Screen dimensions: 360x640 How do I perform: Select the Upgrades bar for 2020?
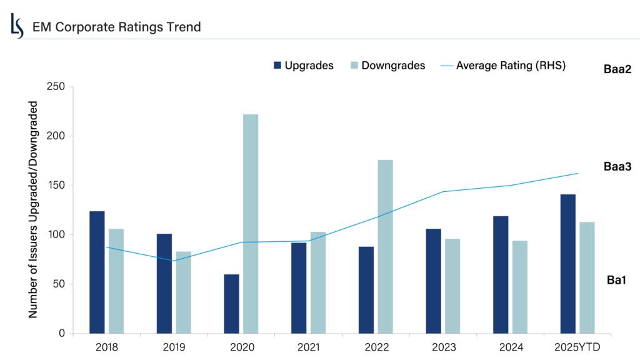coord(231,304)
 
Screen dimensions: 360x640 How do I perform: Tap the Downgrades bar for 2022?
coord(386,246)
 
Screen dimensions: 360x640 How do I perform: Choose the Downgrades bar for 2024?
coord(519,287)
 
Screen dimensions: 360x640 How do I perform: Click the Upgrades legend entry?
coord(303,66)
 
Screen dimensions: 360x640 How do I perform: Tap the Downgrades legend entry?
coord(387,66)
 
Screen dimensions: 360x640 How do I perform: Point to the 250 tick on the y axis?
coord(57,86)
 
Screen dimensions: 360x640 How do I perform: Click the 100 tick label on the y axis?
coord(57,235)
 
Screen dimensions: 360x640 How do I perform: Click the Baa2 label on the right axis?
coord(617,69)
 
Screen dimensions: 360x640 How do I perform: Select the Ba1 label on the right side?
coord(617,280)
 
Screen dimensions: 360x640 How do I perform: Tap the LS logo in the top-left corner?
coord(17,26)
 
